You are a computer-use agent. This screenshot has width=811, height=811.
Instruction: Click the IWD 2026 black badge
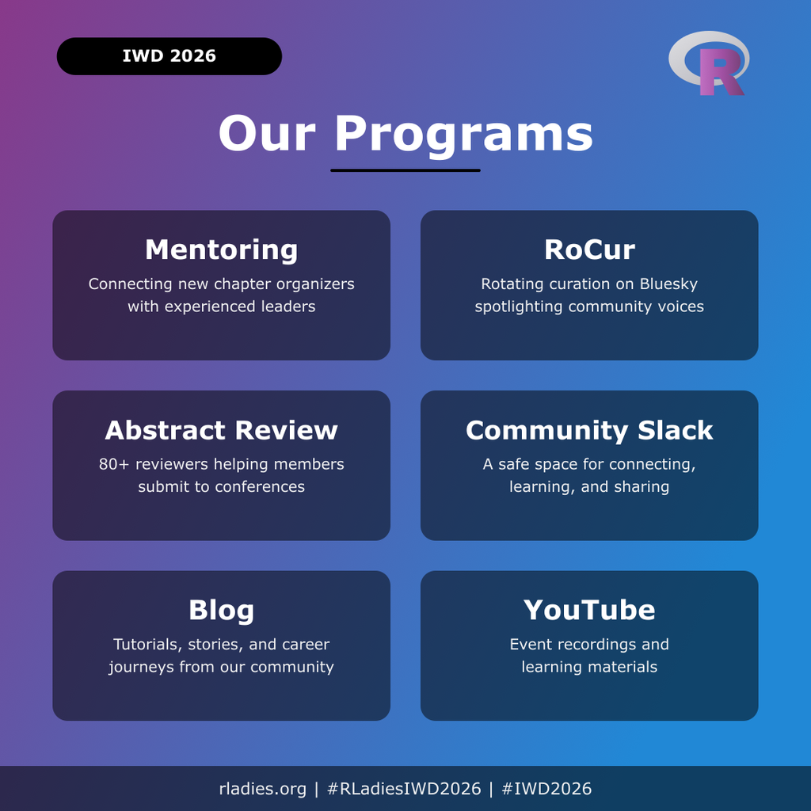169,56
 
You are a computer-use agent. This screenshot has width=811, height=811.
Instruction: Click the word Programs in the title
463,135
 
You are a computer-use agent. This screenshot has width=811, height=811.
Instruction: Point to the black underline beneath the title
405,169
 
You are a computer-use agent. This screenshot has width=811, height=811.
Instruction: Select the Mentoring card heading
222,249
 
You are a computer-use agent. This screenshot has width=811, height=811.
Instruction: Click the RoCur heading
589,249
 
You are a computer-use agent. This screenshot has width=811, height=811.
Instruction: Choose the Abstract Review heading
222,430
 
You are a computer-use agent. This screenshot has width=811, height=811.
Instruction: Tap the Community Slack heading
589,430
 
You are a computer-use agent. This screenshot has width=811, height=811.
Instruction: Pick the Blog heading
222,611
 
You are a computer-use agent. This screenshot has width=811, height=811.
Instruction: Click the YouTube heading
589,610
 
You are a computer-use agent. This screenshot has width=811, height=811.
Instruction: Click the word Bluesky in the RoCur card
668,284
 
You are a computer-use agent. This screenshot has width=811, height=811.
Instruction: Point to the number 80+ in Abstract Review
114,464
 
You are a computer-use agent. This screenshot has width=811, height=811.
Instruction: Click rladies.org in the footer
263,789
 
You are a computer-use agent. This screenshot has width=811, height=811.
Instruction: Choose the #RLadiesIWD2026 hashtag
405,789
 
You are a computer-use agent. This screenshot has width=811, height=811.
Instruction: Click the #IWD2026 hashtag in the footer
546,789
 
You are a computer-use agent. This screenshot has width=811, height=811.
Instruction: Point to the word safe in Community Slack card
512,464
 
